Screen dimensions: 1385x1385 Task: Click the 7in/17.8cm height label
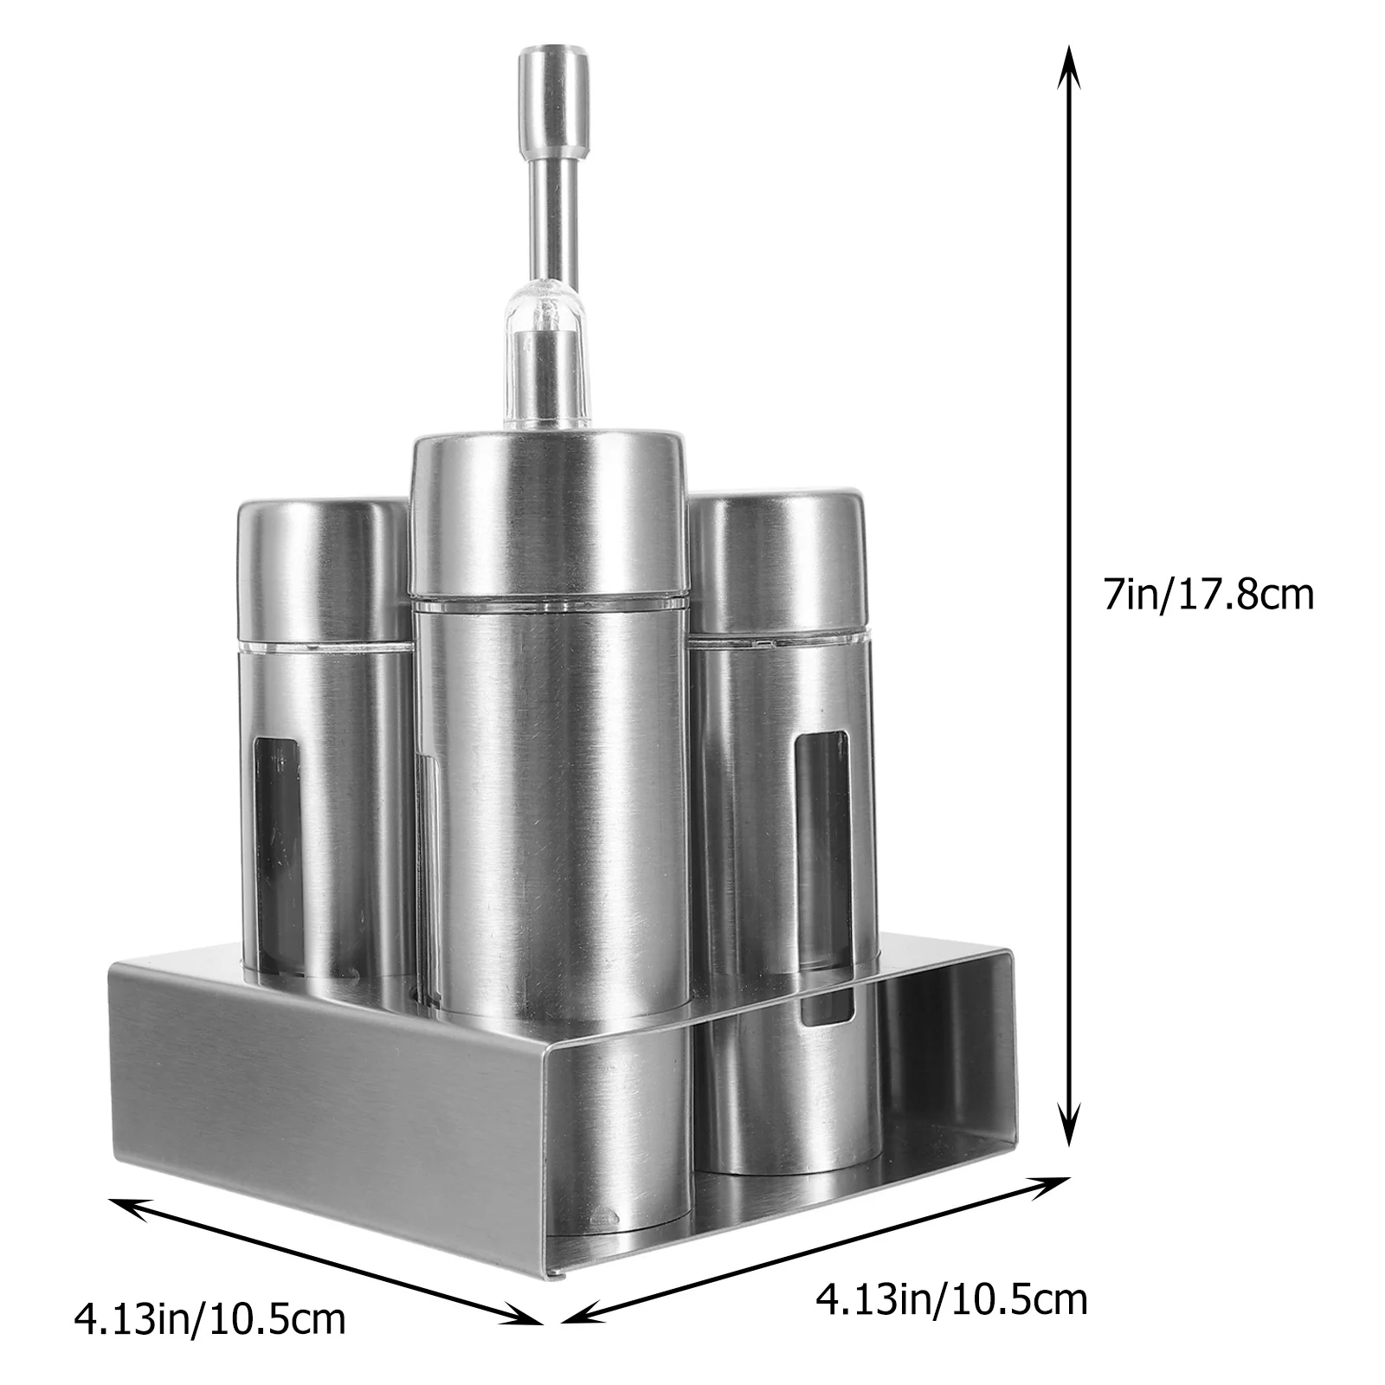[x=1208, y=596]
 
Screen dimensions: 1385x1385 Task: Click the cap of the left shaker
[x=324, y=571]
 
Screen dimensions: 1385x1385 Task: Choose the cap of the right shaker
[x=777, y=563]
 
